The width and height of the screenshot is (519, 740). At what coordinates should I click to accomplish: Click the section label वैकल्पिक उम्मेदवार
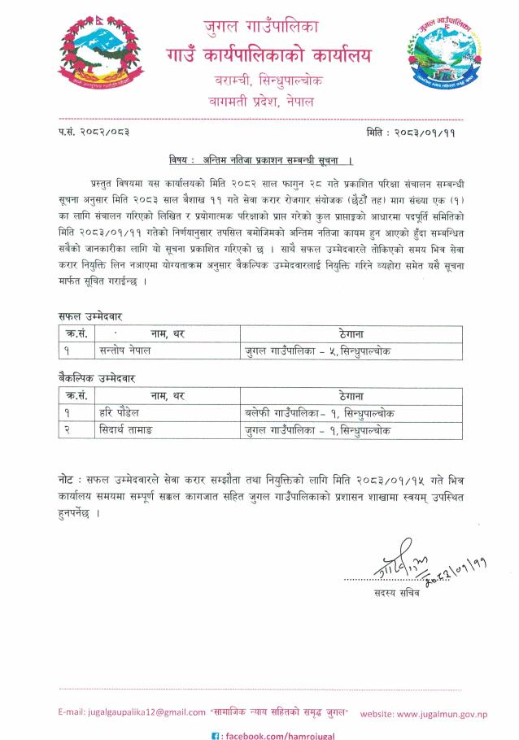pos(96,378)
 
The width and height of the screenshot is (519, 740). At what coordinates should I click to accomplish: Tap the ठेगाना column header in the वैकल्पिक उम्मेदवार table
pos(351,396)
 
